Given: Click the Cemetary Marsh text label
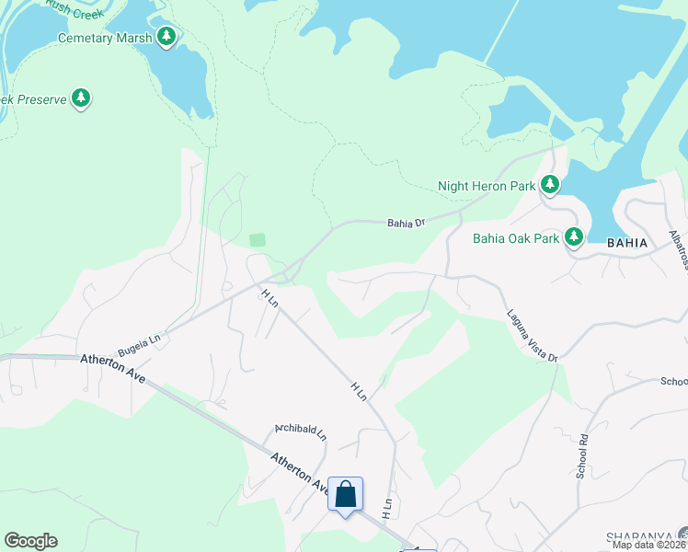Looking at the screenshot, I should (x=104, y=38).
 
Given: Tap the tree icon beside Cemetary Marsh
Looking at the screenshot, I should (x=166, y=37).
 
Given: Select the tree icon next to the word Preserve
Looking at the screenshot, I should (x=81, y=98).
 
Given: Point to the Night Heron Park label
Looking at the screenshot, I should (x=486, y=186).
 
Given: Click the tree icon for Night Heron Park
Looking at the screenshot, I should (x=550, y=185).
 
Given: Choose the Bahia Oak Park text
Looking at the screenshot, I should (x=515, y=238).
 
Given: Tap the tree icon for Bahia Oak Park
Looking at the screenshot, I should (x=575, y=237).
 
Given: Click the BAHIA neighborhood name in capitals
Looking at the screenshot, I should (x=627, y=243).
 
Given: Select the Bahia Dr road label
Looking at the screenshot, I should (x=406, y=223).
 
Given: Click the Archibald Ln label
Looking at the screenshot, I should (x=301, y=431).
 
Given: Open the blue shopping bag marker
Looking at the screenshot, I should (x=345, y=495).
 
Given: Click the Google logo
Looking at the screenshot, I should (x=30, y=541).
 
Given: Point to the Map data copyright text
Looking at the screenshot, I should (x=648, y=545).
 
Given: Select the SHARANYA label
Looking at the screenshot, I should (x=638, y=536).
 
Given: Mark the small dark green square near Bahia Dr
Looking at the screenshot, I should (x=258, y=240).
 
